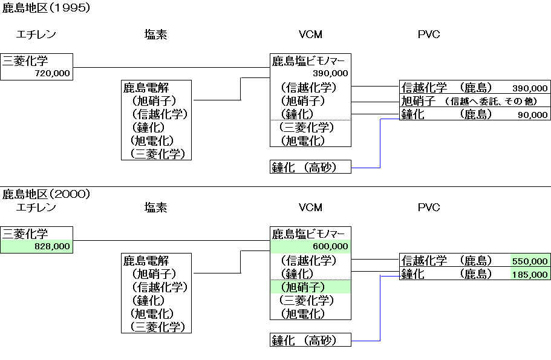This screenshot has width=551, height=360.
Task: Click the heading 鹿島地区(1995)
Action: (46, 8)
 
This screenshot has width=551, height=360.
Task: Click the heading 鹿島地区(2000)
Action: (46, 194)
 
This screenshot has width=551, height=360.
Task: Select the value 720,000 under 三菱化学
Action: (53, 74)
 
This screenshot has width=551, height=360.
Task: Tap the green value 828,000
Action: (53, 246)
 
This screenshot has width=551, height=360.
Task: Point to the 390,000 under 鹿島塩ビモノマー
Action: (330, 73)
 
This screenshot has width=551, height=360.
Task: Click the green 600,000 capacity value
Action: (330, 246)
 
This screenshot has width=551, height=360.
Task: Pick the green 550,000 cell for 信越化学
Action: (530, 261)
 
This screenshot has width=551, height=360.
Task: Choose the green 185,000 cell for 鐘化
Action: (530, 274)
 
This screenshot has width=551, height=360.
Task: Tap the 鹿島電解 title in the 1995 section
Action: (146, 88)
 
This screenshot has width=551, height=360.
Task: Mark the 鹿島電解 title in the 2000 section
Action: (146, 261)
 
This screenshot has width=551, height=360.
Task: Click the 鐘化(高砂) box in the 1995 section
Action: (310, 167)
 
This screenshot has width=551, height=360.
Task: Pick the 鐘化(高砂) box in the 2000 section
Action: (310, 340)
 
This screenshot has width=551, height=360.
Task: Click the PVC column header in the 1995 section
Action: (428, 34)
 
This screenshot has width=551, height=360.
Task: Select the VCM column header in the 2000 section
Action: (310, 208)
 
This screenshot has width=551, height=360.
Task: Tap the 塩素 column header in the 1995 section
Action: (155, 34)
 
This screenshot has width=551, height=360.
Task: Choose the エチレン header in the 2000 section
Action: (36, 208)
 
